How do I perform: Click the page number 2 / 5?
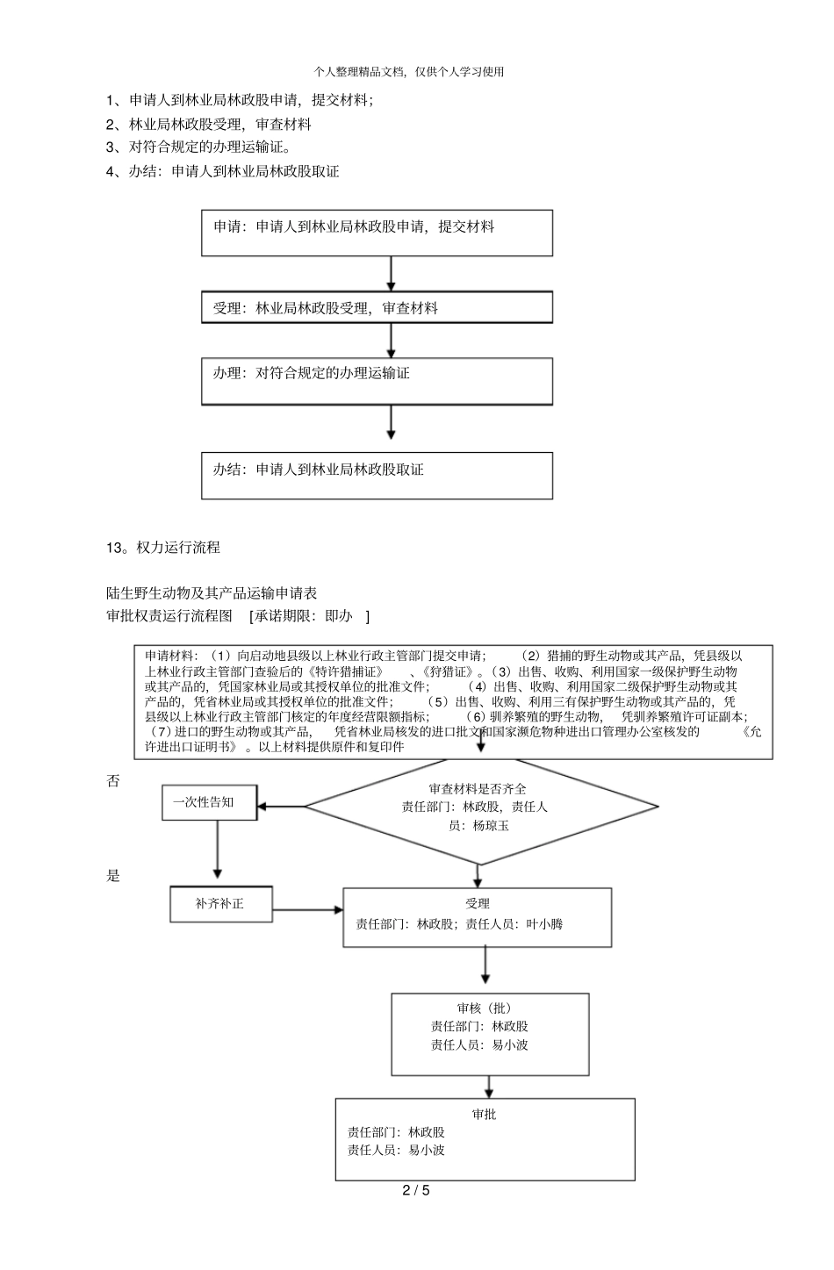pos(416,1190)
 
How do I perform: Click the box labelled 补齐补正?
pos(220,904)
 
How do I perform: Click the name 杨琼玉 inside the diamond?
pos(491,825)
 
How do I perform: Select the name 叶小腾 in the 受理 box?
pos(545,923)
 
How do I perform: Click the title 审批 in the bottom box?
pos(484,1114)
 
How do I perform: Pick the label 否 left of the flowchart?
pos(113,781)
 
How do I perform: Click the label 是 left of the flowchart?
pos(113,875)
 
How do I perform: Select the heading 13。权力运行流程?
pos(163,547)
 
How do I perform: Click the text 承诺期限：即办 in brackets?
pos(309,616)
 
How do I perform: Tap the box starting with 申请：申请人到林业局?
pos(377,233)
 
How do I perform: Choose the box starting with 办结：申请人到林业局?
pos(377,476)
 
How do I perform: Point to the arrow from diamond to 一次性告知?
pos(281,806)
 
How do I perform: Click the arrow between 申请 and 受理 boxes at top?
pos(392,274)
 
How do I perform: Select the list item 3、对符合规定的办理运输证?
pos(198,147)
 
